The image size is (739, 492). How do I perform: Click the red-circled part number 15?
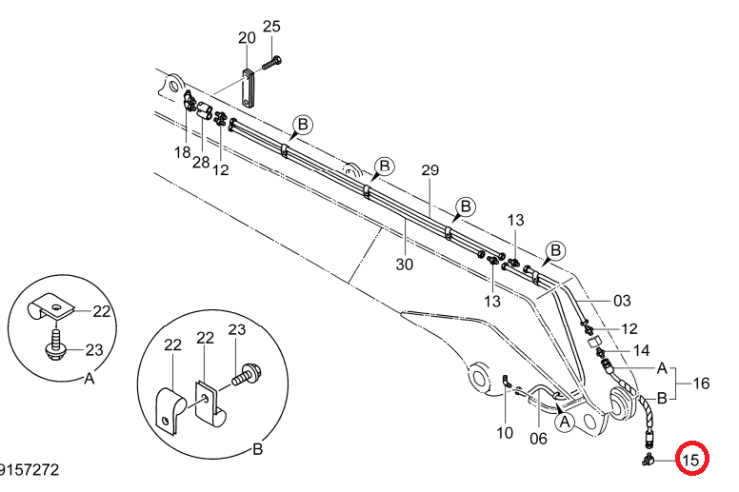click(x=691, y=459)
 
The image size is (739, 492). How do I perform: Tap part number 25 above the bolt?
click(x=271, y=27)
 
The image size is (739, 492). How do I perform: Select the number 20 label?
click(x=247, y=38)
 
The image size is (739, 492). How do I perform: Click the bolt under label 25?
click(x=271, y=62)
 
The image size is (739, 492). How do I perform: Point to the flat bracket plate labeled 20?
click(x=248, y=89)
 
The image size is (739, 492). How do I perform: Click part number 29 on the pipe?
click(x=429, y=170)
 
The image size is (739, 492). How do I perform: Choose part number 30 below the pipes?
click(x=404, y=265)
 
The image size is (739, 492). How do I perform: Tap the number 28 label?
click(x=201, y=163)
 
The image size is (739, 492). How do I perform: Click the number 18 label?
click(x=182, y=152)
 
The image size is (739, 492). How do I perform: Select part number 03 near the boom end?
click(x=622, y=301)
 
